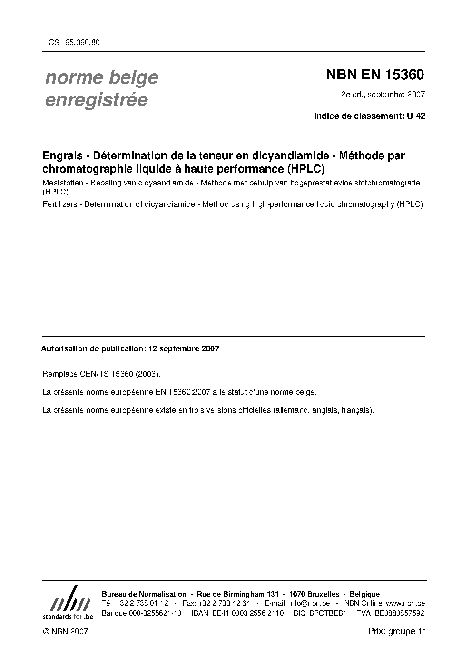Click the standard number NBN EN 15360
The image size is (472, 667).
(x=374, y=75)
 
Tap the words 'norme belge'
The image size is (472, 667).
(x=101, y=77)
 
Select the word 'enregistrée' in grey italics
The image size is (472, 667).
(x=96, y=100)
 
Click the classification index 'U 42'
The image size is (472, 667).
(x=416, y=116)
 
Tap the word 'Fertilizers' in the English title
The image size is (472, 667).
(x=60, y=204)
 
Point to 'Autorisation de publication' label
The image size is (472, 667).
(x=92, y=348)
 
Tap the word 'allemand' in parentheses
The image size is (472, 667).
(x=291, y=410)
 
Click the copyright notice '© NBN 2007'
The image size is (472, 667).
(x=65, y=631)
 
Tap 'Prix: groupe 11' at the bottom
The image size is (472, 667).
(x=397, y=631)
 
